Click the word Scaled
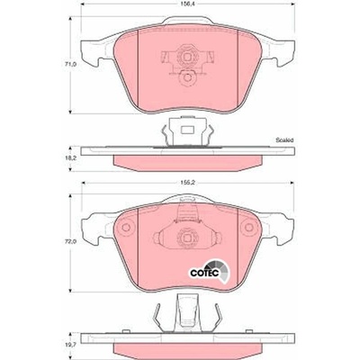(284, 139)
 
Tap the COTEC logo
(210, 271)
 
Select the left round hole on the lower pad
(126, 227)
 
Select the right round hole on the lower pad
(249, 227)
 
